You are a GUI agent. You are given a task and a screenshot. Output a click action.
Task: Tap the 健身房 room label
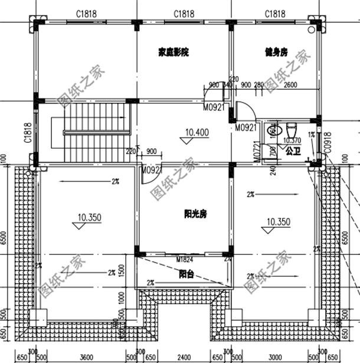(275, 53)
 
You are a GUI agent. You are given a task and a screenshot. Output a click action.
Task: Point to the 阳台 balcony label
(187, 273)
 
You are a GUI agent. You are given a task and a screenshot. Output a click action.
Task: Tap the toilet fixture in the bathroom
(291, 128)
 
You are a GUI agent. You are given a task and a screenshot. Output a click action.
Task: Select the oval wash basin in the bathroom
(273, 130)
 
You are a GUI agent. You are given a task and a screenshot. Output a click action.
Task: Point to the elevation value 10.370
(292, 140)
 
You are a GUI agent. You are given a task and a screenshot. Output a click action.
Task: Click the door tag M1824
(185, 259)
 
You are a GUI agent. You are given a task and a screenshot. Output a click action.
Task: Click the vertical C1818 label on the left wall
(28, 133)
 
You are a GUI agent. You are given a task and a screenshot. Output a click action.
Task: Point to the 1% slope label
(311, 135)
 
